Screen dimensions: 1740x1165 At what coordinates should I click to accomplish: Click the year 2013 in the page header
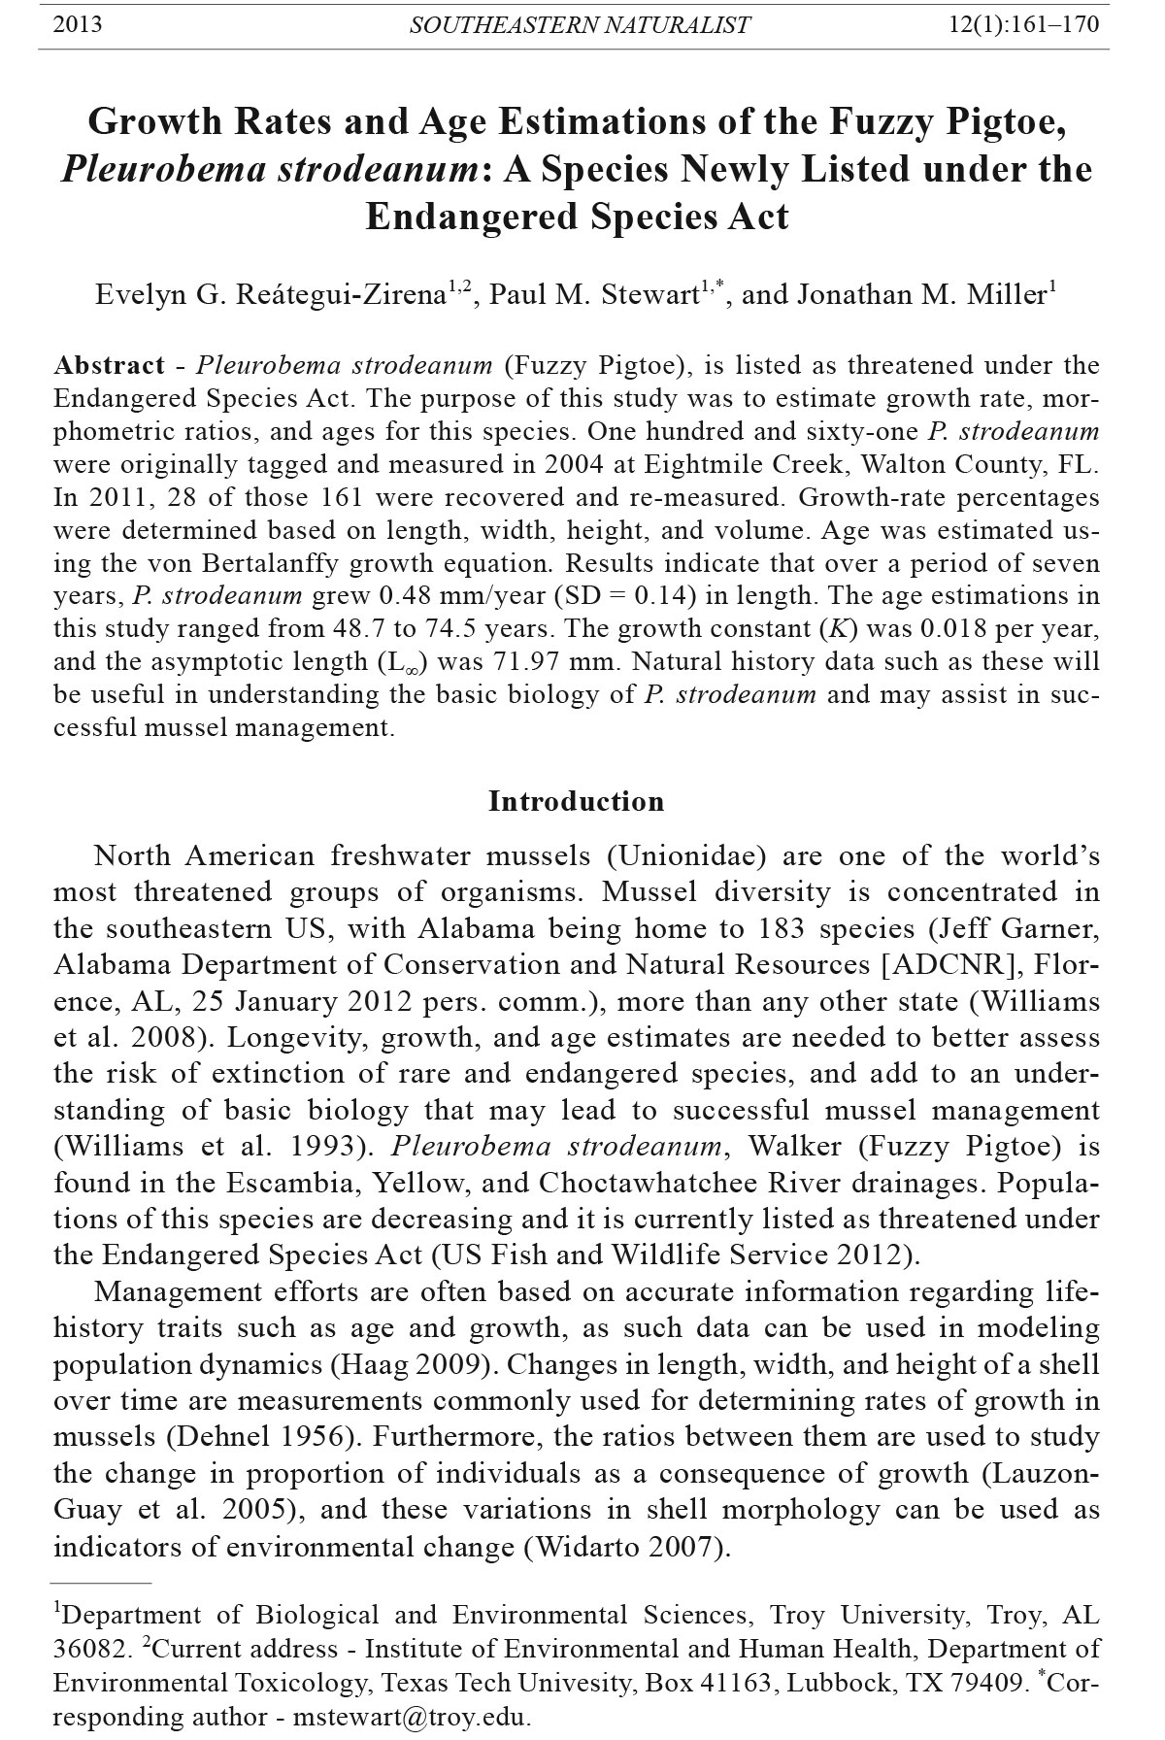[77, 24]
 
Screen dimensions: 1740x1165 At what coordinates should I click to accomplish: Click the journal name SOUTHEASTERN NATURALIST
[579, 25]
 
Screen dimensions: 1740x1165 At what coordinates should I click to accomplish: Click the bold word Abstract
[110, 366]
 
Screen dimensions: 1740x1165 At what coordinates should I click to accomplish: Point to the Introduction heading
[576, 802]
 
